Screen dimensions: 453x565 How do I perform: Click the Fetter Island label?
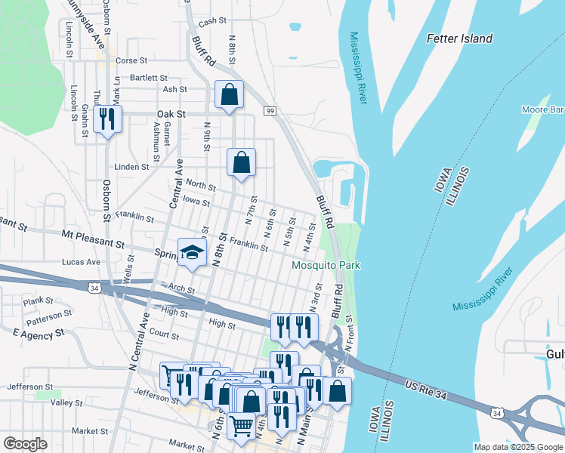click(x=459, y=39)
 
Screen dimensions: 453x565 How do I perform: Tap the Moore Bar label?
click(x=542, y=110)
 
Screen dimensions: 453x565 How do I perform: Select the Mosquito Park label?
click(x=326, y=266)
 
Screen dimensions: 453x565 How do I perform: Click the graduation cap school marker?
click(x=192, y=252)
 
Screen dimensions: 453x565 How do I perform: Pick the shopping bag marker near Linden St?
click(x=241, y=162)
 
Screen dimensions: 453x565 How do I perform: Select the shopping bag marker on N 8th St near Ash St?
click(x=229, y=94)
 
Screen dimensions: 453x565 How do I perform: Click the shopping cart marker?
click(x=241, y=426)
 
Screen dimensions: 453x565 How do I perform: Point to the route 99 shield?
click(x=269, y=111)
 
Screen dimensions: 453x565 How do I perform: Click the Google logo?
click(x=25, y=444)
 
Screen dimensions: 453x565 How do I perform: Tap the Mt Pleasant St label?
click(x=94, y=244)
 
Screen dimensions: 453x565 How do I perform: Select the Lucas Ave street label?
click(x=82, y=262)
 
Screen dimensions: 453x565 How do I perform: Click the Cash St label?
click(x=212, y=22)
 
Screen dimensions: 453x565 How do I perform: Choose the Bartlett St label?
click(x=148, y=77)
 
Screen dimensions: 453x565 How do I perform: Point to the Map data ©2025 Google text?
click(x=517, y=446)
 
